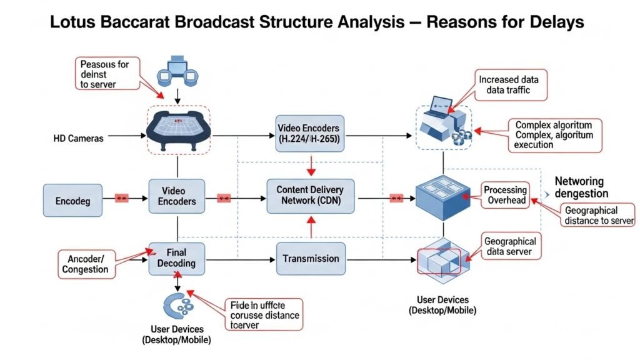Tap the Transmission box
click(x=311, y=259)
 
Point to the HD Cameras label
click(x=78, y=138)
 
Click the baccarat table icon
click(x=178, y=130)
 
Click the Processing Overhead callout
click(x=505, y=195)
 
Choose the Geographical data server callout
click(x=510, y=246)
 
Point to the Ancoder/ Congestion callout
click(x=85, y=264)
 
